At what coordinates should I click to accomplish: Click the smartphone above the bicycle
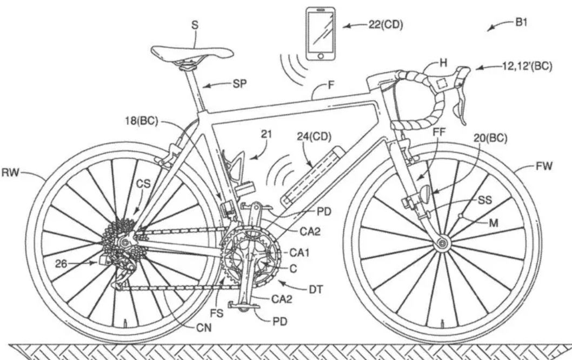[x=321, y=34]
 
